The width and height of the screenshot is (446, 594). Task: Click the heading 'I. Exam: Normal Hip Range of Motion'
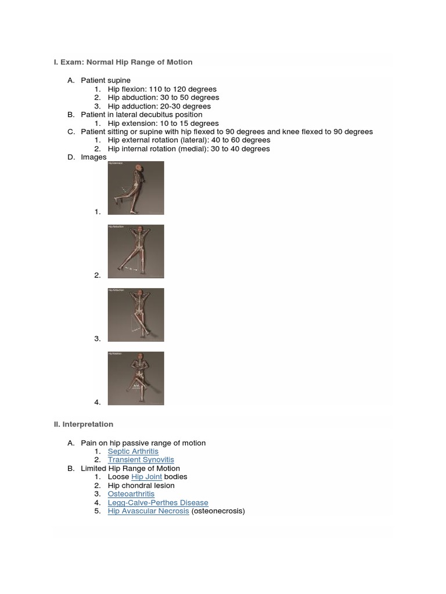click(x=123, y=62)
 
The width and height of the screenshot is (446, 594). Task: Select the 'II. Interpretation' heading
click(x=83, y=425)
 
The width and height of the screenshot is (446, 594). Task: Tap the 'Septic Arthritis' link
click(x=133, y=451)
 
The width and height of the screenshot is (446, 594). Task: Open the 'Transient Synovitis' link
click(x=141, y=460)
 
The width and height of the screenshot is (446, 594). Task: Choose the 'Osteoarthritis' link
click(x=131, y=494)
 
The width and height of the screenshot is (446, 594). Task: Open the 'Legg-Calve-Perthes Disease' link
click(x=158, y=503)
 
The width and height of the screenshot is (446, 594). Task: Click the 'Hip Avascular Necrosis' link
click(x=148, y=511)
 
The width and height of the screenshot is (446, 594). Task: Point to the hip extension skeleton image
click(x=136, y=189)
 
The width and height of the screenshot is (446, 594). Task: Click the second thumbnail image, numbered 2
click(x=136, y=252)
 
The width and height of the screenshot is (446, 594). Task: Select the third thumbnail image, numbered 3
click(x=136, y=315)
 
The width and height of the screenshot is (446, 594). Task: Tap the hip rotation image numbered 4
click(x=136, y=378)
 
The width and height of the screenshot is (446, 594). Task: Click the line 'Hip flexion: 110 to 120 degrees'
click(x=162, y=89)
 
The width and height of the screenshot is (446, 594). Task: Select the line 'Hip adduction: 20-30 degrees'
click(x=159, y=106)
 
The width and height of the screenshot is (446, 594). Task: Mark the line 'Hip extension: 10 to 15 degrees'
click(x=163, y=124)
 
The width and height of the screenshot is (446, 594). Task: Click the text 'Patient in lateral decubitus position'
click(x=141, y=115)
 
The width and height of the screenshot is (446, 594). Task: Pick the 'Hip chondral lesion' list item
click(x=141, y=486)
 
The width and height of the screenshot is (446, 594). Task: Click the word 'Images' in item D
click(x=93, y=157)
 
